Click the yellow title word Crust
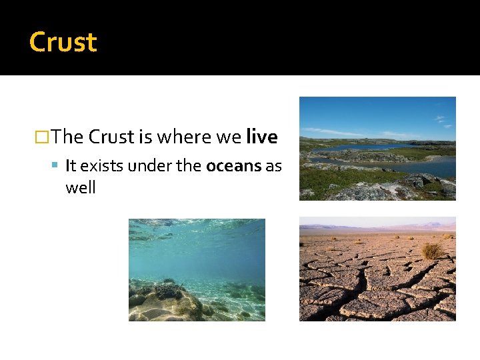(x=63, y=42)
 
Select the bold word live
(x=261, y=137)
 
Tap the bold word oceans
(x=234, y=166)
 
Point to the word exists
(x=102, y=166)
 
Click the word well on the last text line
(x=81, y=188)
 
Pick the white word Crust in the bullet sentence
(x=111, y=137)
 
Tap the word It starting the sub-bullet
(x=71, y=166)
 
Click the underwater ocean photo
(x=197, y=270)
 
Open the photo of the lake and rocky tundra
(x=377, y=148)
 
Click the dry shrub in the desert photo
(x=432, y=251)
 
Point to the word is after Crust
(x=146, y=137)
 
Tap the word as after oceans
(x=273, y=166)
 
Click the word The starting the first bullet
(x=67, y=137)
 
